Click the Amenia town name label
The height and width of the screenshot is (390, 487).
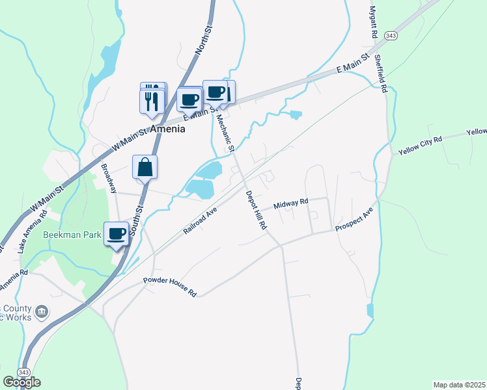tap(167, 129)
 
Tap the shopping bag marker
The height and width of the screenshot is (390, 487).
tap(145, 167)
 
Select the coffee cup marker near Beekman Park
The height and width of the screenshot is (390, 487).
tap(117, 234)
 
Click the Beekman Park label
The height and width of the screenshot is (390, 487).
tap(72, 235)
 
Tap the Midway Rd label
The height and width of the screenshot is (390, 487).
tap(291, 204)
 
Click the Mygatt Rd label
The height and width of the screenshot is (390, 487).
tap(374, 21)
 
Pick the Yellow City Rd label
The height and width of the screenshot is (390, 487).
tap(420, 144)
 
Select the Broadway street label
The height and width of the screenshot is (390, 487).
tap(108, 178)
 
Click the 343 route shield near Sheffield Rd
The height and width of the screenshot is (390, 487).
tap(390, 35)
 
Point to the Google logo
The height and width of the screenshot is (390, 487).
tap(21, 382)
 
